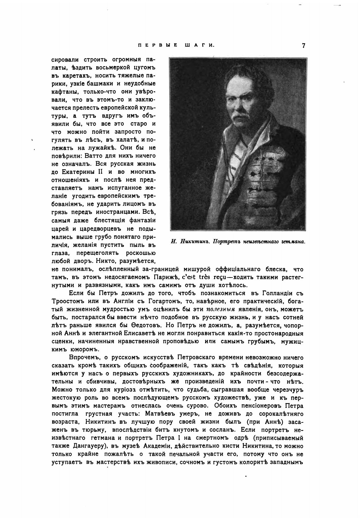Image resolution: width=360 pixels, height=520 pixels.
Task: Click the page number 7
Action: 303,46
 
